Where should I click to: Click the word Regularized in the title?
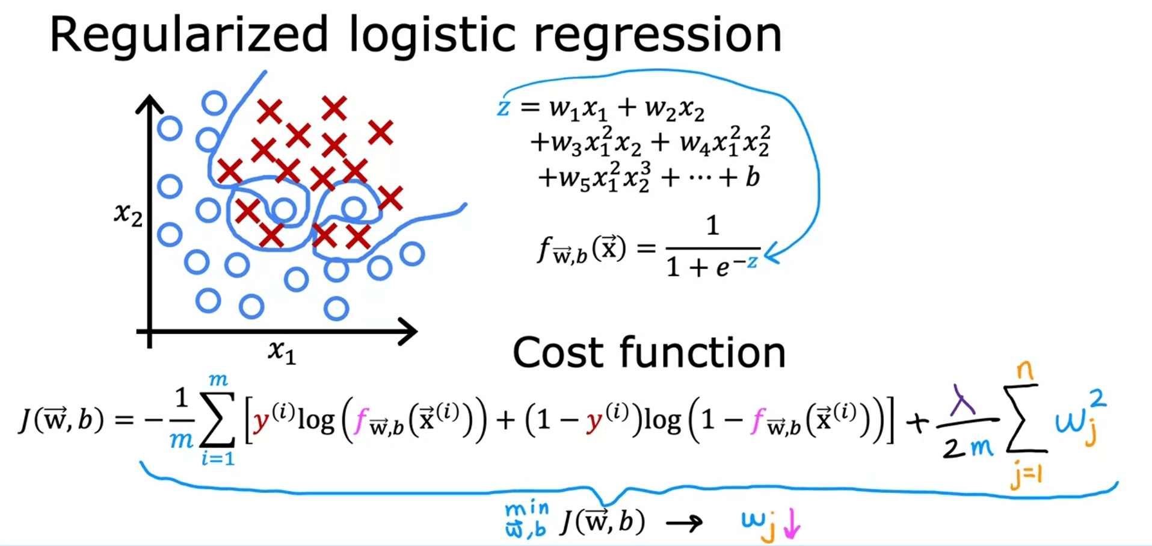click(x=189, y=35)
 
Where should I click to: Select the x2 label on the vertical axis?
click(x=128, y=214)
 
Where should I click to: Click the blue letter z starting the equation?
click(x=504, y=108)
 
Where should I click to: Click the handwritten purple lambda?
click(x=963, y=398)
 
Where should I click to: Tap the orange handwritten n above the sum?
click(x=1025, y=370)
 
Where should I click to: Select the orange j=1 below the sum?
click(x=1026, y=476)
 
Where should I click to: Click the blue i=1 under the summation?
click(x=218, y=459)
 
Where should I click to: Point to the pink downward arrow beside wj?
click(x=792, y=524)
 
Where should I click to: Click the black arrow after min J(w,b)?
click(x=685, y=523)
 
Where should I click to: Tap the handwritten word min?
click(x=527, y=510)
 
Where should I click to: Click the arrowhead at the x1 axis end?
click(x=409, y=332)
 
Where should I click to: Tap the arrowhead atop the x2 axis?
click(x=149, y=104)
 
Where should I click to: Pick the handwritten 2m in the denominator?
click(x=967, y=447)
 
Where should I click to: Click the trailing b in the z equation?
click(x=752, y=177)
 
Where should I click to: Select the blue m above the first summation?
click(x=218, y=380)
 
